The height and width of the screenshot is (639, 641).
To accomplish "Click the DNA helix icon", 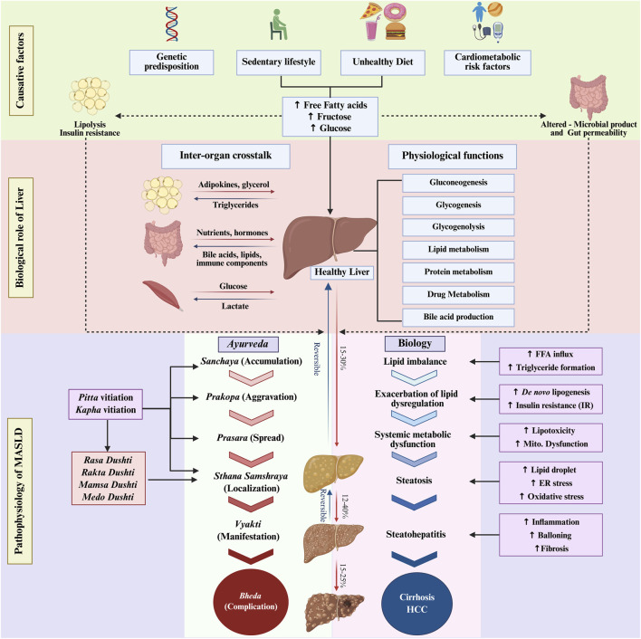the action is click(x=172, y=24).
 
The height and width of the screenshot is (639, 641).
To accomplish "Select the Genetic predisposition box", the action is click(x=172, y=62).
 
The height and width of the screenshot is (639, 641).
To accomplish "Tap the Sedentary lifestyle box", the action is click(x=278, y=62).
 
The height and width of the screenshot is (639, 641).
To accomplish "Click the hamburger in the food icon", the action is click(x=396, y=31).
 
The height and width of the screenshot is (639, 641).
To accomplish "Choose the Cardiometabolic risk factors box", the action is click(x=487, y=62).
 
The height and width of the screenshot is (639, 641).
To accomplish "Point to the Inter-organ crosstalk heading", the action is click(x=225, y=156).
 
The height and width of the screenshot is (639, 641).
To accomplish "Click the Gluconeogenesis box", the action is click(x=458, y=183).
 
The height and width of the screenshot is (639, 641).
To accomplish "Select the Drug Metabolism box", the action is click(x=458, y=294).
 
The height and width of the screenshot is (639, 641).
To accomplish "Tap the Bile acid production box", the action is click(x=458, y=317).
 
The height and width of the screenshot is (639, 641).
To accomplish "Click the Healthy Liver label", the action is click(x=341, y=272).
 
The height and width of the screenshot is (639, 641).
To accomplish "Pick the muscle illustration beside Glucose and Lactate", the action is click(x=162, y=295).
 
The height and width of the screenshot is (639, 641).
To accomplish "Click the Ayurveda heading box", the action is click(x=248, y=344).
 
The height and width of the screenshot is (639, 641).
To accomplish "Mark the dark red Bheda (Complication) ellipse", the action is click(x=251, y=602).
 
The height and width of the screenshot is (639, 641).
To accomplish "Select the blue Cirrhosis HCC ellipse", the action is click(x=417, y=603).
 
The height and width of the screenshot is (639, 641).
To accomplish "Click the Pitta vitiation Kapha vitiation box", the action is click(x=105, y=404).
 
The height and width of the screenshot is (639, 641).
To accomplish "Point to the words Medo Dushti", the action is click(x=108, y=497).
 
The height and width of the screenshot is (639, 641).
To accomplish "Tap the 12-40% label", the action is click(x=344, y=507).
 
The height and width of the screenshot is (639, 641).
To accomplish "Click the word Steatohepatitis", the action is click(x=416, y=534).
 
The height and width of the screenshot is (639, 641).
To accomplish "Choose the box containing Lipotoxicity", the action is click(x=550, y=437).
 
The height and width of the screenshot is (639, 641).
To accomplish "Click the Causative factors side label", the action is click(x=21, y=71).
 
